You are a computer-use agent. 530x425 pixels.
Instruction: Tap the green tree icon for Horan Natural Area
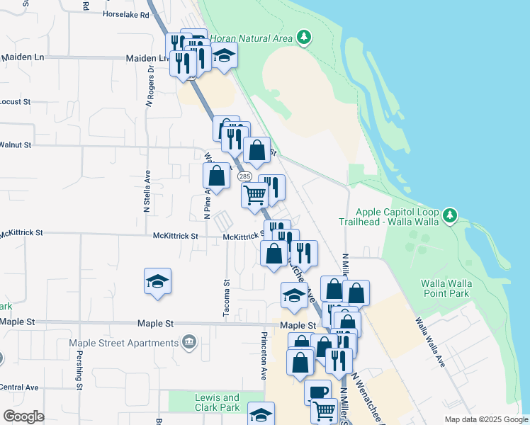tap(304, 36)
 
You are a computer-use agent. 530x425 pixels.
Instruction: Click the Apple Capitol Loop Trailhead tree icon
tap(449, 215)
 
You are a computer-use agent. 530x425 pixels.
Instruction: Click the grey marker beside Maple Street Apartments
tap(189, 343)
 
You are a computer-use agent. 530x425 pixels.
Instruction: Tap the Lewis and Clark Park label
tap(218, 402)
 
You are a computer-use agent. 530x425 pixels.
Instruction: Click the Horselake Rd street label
tap(124, 14)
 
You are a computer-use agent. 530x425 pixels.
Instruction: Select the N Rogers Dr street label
tap(150, 86)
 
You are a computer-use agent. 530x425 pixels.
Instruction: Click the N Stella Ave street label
tap(147, 191)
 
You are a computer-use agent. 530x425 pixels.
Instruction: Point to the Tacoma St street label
tap(227, 293)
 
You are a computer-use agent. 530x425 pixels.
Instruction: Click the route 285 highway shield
tap(244, 176)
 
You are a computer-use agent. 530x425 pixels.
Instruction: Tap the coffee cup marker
tap(317, 390)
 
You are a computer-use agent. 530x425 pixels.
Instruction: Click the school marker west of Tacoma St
tap(157, 282)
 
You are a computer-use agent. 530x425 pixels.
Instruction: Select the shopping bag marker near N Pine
tap(217, 176)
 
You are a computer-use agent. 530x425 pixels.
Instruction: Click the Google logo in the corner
tap(23, 416)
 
